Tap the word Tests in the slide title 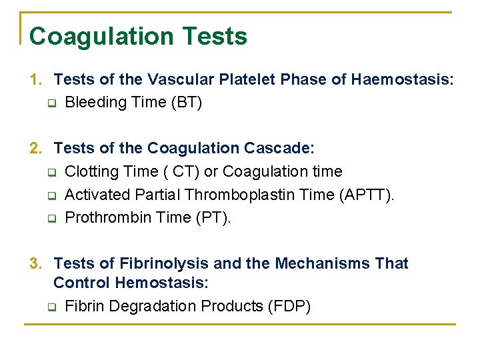coord(218,36)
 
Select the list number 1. coord(35,80)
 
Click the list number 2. coord(35,148)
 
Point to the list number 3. coord(35,264)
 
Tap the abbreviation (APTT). coord(367,195)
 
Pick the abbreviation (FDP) coord(289,307)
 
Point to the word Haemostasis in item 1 coord(402,80)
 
